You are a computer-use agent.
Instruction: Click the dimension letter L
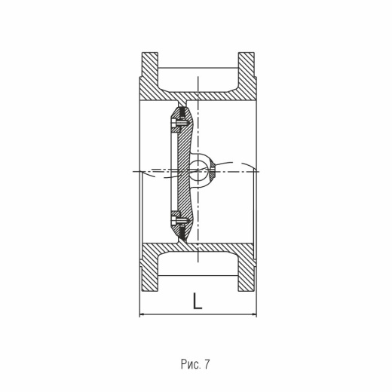click(x=198, y=301)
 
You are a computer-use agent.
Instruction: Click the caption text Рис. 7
click(x=195, y=364)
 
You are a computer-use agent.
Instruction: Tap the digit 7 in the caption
click(x=207, y=364)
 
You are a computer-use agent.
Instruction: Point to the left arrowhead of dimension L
click(x=142, y=314)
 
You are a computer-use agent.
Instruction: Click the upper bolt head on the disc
click(x=174, y=124)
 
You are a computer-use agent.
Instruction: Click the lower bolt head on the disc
click(x=174, y=220)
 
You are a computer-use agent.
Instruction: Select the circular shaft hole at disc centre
click(x=198, y=170)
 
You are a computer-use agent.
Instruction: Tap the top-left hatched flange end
click(x=150, y=65)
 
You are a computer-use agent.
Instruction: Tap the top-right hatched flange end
click(x=247, y=65)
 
